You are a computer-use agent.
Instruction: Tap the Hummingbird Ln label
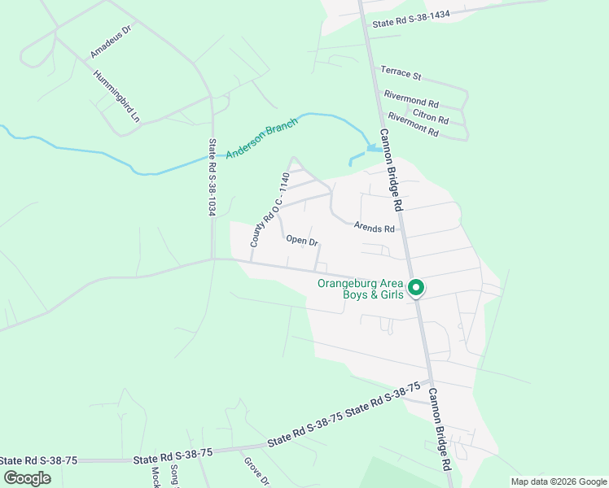click(117, 96)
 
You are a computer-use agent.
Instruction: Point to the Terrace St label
click(401, 76)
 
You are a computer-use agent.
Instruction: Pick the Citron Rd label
click(431, 115)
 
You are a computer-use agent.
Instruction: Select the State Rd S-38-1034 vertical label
click(212, 177)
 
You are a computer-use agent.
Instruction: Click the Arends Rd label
click(374, 229)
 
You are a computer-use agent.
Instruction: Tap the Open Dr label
click(301, 241)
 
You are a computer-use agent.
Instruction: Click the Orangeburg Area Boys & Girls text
click(360, 289)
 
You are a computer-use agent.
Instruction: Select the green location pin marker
click(416, 288)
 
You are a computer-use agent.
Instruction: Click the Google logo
click(27, 478)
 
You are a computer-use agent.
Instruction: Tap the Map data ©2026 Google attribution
click(559, 481)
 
